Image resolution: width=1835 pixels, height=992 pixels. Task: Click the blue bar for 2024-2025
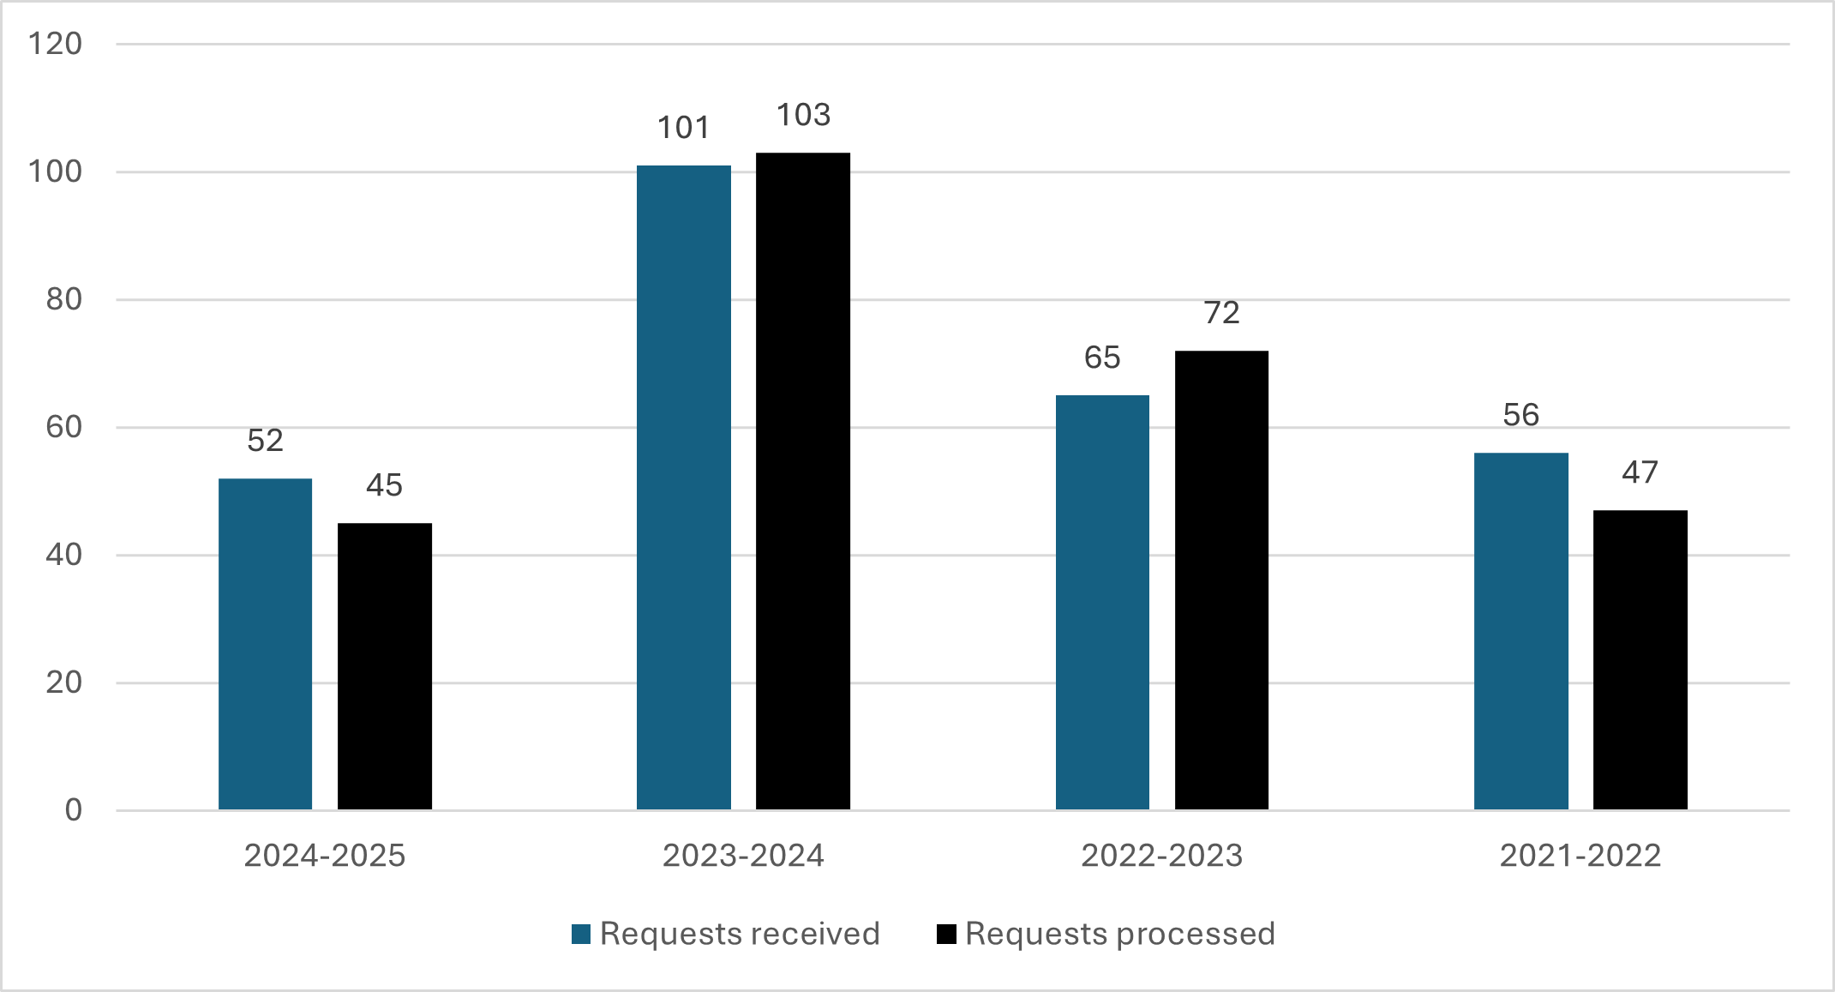265,643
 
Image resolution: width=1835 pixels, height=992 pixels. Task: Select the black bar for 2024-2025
384,665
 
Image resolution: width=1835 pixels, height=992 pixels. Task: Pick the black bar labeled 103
802,480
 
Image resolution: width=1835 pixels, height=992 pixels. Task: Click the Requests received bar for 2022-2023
1102,602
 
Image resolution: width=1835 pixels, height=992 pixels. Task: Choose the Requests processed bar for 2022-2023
1221,580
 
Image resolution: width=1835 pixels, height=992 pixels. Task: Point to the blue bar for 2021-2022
1520,631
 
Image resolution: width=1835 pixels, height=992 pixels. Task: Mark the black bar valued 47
1640,659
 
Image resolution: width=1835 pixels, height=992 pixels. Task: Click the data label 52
265,441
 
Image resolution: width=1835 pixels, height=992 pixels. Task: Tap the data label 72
1221,313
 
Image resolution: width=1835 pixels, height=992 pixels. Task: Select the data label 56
1520,415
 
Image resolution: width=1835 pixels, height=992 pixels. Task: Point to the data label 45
384,485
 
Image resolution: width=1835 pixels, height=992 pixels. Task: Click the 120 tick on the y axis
55,44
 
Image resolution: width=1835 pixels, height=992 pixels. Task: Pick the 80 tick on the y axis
63,299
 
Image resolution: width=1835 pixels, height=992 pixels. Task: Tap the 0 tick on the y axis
74,809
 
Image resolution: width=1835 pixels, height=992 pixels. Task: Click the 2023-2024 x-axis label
742,856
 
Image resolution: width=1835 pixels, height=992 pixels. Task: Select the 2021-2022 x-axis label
1580,856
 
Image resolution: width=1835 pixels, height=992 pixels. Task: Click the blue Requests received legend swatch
581,934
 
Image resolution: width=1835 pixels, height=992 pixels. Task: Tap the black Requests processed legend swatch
946,934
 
